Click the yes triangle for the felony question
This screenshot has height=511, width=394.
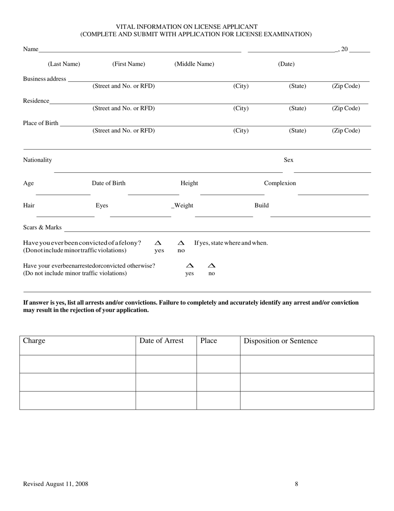pyautogui.click(x=158, y=243)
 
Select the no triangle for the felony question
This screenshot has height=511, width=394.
pyautogui.click(x=181, y=243)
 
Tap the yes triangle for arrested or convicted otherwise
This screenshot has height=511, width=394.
pyautogui.click(x=190, y=265)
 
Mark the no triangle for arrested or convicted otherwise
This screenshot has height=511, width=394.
pyautogui.click(x=212, y=265)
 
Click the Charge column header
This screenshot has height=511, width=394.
pyautogui.click(x=34, y=341)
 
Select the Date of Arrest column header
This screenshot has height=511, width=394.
pyautogui.click(x=161, y=341)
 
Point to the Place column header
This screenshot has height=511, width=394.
pyautogui.click(x=209, y=341)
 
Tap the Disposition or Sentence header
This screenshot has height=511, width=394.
pyautogui.click(x=280, y=341)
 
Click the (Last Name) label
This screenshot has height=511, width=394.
pyautogui.click(x=64, y=64)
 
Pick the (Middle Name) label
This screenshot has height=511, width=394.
pyautogui.click(x=194, y=64)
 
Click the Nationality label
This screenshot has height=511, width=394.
pyautogui.click(x=37, y=160)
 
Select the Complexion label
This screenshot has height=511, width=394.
pyautogui.click(x=280, y=183)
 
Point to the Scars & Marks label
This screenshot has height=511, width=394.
pyautogui.click(x=42, y=228)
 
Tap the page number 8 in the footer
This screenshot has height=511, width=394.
pyautogui.click(x=297, y=484)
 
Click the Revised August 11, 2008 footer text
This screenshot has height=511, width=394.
pyautogui.click(x=56, y=484)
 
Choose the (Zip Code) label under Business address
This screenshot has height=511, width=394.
pyautogui.click(x=345, y=86)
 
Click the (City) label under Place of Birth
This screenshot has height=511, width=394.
pyautogui.click(x=241, y=130)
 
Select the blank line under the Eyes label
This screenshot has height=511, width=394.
pyautogui.click(x=140, y=216)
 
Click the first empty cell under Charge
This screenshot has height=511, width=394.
pyautogui.click(x=78, y=364)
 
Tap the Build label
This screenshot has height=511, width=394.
pyautogui.click(x=261, y=205)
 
